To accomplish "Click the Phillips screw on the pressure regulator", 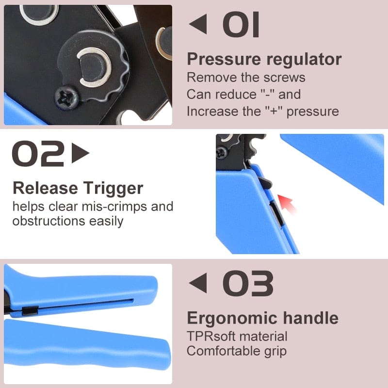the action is pos(66,97).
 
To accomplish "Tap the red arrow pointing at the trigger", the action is pos(287,204).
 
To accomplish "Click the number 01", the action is pos(241,24).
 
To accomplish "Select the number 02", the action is pos(38,153).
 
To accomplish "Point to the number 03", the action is pos(248,283).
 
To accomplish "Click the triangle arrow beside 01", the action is pos(198,24).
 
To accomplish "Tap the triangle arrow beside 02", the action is pos(80,153).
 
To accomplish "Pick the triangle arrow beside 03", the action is pos(198,283).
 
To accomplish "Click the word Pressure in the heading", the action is pos(224,60).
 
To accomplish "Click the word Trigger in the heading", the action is pos(113,189).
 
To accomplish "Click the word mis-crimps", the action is pos(114,207).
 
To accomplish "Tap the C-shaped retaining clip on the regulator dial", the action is pos(93,67).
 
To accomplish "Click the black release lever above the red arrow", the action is pos(265,183).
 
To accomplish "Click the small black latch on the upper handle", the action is pos(30,310).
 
